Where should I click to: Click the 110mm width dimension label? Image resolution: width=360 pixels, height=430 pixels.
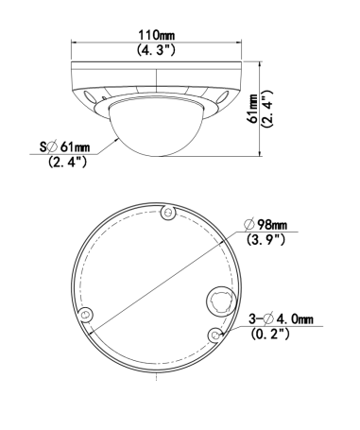pyautogui.click(x=157, y=35)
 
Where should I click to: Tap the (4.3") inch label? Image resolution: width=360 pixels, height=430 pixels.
pyautogui.click(x=156, y=50)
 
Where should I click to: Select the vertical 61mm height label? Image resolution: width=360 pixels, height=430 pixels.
pyautogui.click(x=253, y=109)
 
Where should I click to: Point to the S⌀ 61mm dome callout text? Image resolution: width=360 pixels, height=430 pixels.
pyautogui.click(x=65, y=146)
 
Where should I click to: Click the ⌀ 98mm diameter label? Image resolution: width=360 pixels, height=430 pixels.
pyautogui.click(x=266, y=225)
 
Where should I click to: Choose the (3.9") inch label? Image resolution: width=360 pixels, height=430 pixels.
pyautogui.click(x=266, y=240)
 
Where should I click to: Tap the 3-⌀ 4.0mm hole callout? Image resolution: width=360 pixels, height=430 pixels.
pyautogui.click(x=281, y=319)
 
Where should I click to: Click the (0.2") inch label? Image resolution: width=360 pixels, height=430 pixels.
pyautogui.click(x=270, y=334)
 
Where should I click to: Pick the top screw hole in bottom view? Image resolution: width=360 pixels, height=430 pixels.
pyautogui.click(x=168, y=213)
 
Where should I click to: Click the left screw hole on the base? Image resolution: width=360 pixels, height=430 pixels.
pyautogui.click(x=85, y=315)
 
